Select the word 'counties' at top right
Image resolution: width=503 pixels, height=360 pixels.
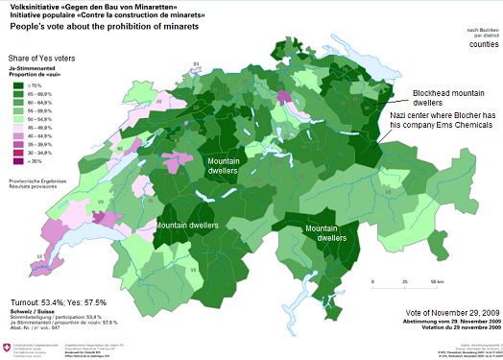point(483,44)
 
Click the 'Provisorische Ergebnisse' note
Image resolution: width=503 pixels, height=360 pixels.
point(36,180)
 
